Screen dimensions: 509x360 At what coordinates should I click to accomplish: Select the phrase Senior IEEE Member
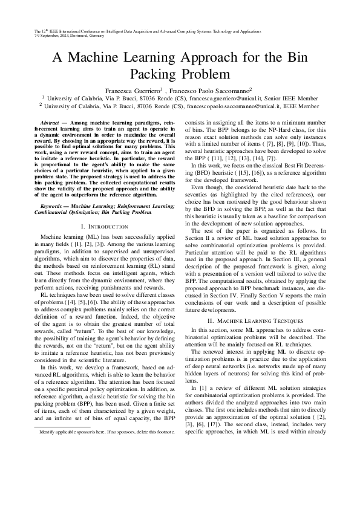coord(290,97)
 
